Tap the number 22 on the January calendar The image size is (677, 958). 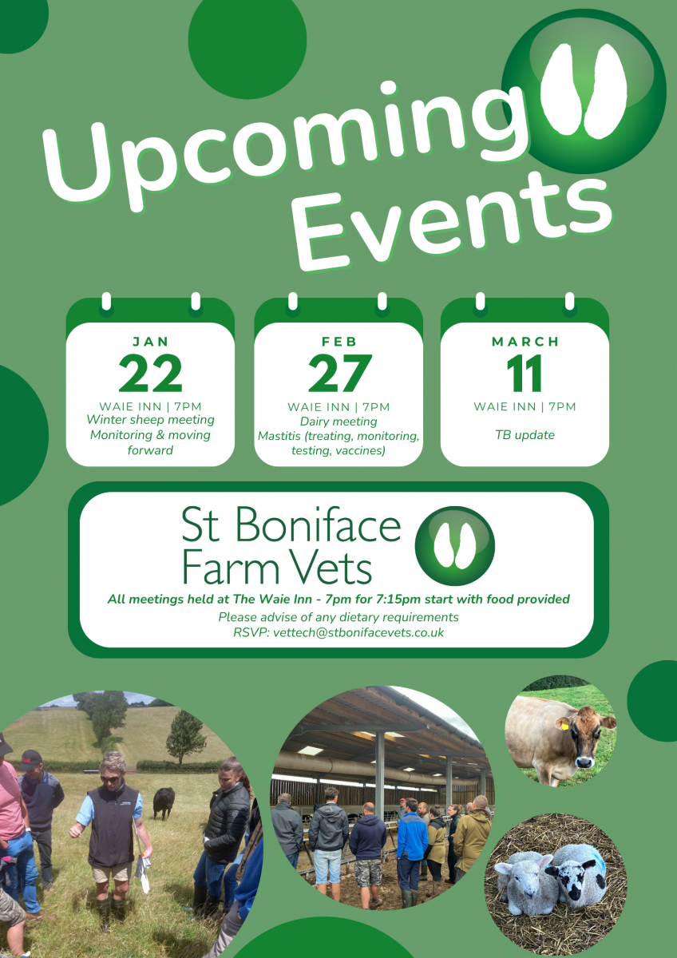pos(150,373)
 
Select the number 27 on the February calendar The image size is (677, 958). pos(339,373)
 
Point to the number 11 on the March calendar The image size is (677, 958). pos(525,373)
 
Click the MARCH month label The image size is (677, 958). pos(525,342)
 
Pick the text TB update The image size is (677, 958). pos(525,435)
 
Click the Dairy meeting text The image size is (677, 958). pos(338,422)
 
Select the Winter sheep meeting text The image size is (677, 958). pos(150,420)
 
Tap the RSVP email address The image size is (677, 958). pos(358,632)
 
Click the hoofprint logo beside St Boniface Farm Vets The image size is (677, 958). pos(454,546)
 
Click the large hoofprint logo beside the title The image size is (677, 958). pos(584,92)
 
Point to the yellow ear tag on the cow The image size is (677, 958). pos(565,726)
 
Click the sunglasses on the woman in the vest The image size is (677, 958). pos(110,779)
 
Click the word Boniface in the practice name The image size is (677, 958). pos(319,525)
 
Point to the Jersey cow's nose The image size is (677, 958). pos(584,762)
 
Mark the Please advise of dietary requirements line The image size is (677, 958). pos(338,617)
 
